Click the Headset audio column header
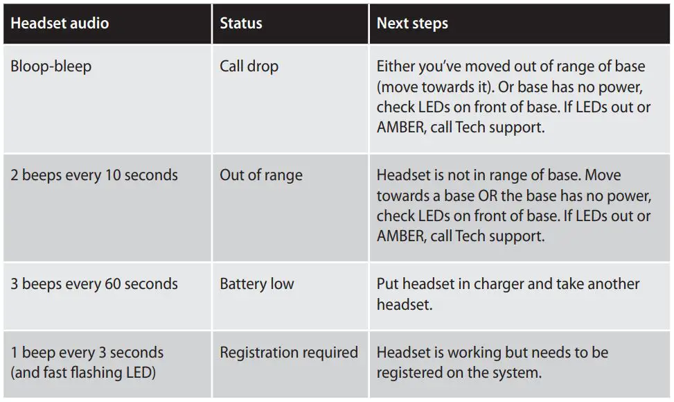point(60,23)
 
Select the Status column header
point(241,23)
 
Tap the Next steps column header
point(412,23)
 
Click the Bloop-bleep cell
point(51,67)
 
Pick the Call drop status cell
point(249,67)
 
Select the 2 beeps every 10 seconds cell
point(94,175)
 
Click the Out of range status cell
point(261,175)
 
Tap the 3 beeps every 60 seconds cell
point(94,283)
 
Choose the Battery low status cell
point(257,283)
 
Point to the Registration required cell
point(289,352)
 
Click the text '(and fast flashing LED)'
point(83,372)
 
